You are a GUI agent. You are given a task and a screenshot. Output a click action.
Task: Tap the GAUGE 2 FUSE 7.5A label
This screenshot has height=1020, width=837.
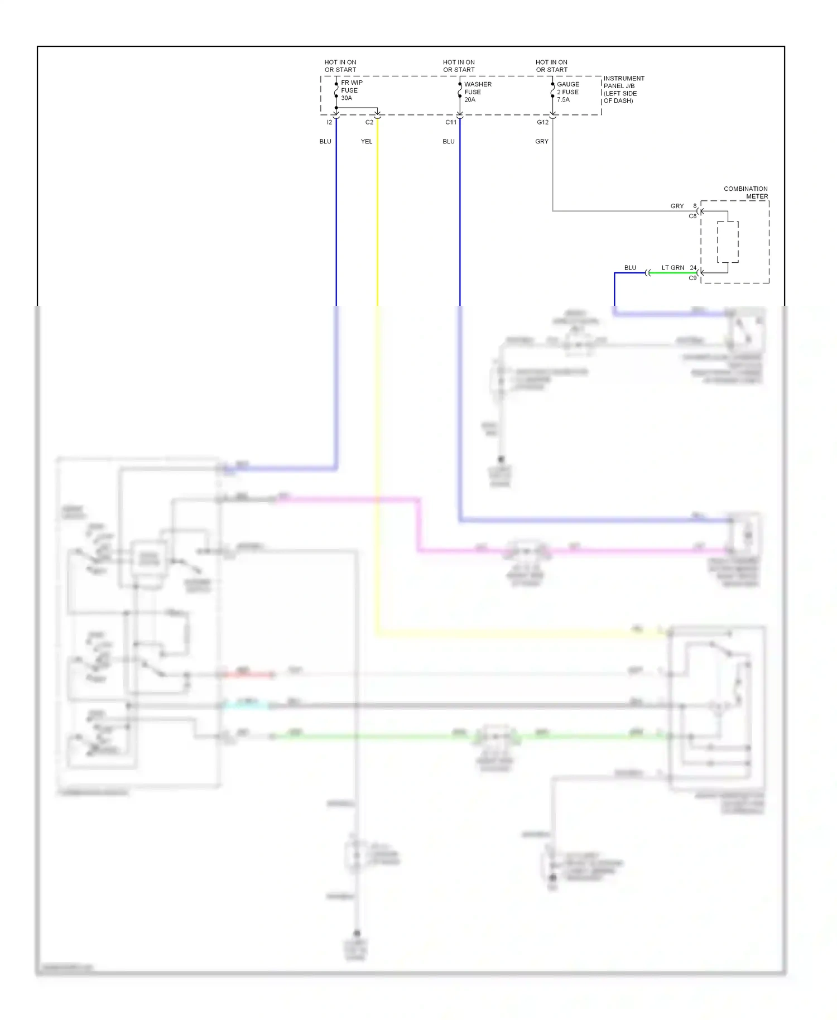[x=568, y=92]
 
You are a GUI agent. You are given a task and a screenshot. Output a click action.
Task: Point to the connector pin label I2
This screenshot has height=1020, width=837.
[x=329, y=122]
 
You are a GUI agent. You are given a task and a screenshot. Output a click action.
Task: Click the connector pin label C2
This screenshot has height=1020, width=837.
[x=369, y=122]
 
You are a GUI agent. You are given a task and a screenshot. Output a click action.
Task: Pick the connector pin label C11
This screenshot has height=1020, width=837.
[x=450, y=122]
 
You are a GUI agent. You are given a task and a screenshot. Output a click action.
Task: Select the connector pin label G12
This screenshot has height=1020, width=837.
[x=542, y=122]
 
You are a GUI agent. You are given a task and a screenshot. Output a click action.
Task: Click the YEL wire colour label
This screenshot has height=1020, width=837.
[x=366, y=141]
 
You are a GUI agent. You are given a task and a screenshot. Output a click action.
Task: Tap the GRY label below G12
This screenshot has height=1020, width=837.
[x=541, y=141]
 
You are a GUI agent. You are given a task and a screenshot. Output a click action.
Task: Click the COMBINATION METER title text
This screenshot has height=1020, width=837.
[x=745, y=193]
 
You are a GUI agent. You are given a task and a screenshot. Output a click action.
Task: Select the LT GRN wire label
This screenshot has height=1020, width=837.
[x=672, y=267]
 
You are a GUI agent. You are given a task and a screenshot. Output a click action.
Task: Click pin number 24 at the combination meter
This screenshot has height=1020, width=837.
[x=692, y=267]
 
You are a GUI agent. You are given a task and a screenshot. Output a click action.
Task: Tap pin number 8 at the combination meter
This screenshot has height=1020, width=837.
[x=695, y=205]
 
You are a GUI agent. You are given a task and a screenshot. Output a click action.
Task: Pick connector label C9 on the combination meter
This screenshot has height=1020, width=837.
[x=692, y=278]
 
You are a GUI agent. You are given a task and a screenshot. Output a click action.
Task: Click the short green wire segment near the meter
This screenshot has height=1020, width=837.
[x=672, y=273]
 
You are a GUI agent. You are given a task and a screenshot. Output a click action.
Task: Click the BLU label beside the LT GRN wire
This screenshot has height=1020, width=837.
[x=630, y=267]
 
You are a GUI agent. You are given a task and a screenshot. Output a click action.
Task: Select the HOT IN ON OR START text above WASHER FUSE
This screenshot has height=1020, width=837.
[x=459, y=66]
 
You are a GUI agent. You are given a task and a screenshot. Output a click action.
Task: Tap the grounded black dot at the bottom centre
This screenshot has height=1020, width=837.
[x=357, y=933]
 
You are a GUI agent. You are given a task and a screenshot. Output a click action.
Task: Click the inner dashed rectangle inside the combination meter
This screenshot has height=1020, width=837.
[x=728, y=242]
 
